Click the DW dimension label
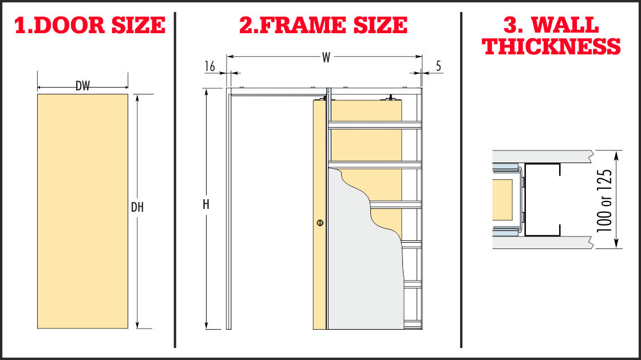[x=82, y=86]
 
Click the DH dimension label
[x=137, y=208]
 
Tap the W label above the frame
[x=326, y=58]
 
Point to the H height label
[x=206, y=204]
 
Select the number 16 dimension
[x=209, y=66]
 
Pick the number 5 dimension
[x=438, y=66]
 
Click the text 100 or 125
[x=604, y=201]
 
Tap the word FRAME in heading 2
[x=304, y=25]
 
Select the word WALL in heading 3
[x=565, y=25]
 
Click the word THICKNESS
[x=552, y=46]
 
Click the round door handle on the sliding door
[x=320, y=223]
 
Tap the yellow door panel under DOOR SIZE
[x=82, y=211]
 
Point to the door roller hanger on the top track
[x=390, y=98]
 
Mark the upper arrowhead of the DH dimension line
[x=137, y=98]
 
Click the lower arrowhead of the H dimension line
[x=207, y=326]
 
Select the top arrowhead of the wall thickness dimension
[x=616, y=155]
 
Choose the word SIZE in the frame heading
[x=380, y=25]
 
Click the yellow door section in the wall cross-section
[x=502, y=200]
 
